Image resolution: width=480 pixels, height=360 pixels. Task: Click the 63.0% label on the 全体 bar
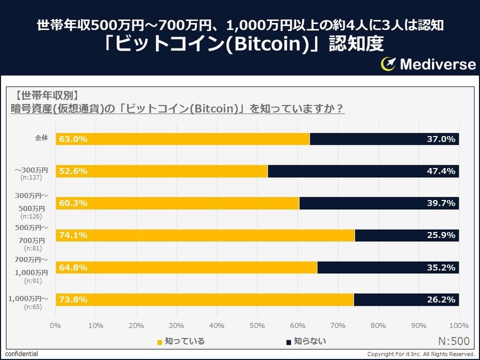(x=73, y=139)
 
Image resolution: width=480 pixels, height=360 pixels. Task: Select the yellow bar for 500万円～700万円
(x=205, y=235)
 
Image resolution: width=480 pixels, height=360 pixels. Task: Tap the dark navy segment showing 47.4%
(x=363, y=171)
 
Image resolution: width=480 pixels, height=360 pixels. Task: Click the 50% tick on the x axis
(x=257, y=325)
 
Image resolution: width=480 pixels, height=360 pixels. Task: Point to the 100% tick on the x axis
(x=459, y=325)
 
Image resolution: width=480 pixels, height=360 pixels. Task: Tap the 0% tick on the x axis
(x=55, y=325)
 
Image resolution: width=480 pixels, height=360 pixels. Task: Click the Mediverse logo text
(x=437, y=65)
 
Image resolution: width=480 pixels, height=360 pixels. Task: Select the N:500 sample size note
(x=453, y=341)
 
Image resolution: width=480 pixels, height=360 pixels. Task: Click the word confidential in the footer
(x=22, y=354)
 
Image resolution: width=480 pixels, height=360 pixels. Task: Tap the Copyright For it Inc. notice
(x=421, y=354)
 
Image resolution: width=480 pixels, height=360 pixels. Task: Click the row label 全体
(x=41, y=138)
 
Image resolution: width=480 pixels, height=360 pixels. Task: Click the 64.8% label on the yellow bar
(x=73, y=268)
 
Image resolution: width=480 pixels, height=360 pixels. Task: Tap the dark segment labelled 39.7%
(x=379, y=203)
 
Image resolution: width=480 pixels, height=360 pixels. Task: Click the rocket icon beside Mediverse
(x=388, y=64)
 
